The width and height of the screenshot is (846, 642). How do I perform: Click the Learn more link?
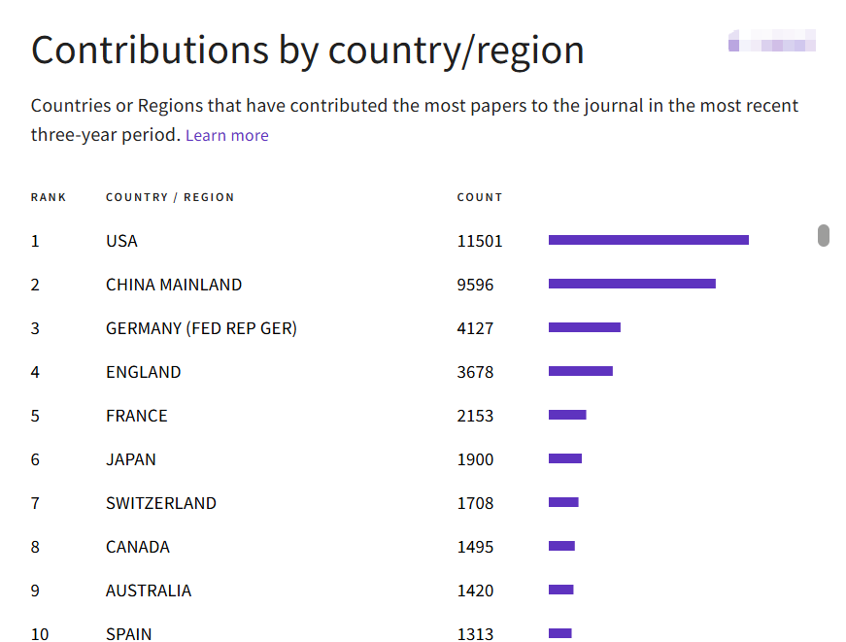pyautogui.click(x=226, y=135)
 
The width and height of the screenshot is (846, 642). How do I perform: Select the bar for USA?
pyautogui.click(x=649, y=240)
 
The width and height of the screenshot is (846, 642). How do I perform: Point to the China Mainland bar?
pyautogui.click(x=632, y=284)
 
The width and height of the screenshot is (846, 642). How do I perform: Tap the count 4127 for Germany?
pyautogui.click(x=475, y=328)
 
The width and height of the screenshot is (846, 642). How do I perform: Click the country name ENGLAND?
pyautogui.click(x=143, y=372)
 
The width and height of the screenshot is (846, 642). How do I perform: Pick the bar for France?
pyautogui.click(x=567, y=415)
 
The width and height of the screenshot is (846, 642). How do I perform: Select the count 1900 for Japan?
pyautogui.click(x=475, y=459)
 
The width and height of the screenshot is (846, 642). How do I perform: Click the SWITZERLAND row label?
pyautogui.click(x=161, y=503)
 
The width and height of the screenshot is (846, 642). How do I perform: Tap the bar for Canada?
pyautogui.click(x=561, y=546)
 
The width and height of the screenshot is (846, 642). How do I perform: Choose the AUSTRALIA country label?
pyautogui.click(x=149, y=591)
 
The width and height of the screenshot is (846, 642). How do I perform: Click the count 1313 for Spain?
pyautogui.click(x=475, y=634)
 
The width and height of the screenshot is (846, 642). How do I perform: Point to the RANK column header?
pyautogui.click(x=48, y=197)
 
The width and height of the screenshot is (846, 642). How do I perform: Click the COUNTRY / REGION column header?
pyautogui.click(x=170, y=197)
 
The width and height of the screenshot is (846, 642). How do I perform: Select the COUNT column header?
pyautogui.click(x=480, y=197)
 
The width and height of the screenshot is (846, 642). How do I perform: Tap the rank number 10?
pyautogui.click(x=40, y=634)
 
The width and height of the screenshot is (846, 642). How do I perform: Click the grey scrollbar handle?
pyautogui.click(x=824, y=235)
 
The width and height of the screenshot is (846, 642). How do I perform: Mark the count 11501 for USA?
pyautogui.click(x=480, y=241)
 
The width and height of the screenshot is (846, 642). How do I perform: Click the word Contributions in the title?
pyautogui.click(x=150, y=51)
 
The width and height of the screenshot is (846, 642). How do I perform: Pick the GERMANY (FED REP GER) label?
pyautogui.click(x=201, y=328)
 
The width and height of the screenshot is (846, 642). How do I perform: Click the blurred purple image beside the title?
pyautogui.click(x=772, y=41)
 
